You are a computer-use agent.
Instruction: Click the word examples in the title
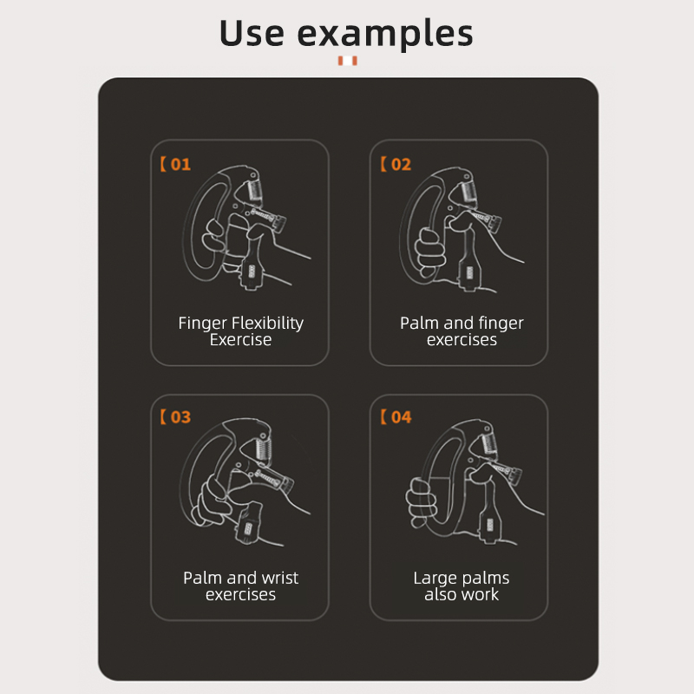coord(385,34)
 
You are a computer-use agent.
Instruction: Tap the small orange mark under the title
coord(347,61)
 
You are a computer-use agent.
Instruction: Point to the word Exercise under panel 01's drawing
coord(240,340)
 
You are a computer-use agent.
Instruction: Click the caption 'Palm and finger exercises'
coord(462,331)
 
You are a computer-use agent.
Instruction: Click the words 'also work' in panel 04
coord(462,595)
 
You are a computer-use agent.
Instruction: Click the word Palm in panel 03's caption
coord(202,578)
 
